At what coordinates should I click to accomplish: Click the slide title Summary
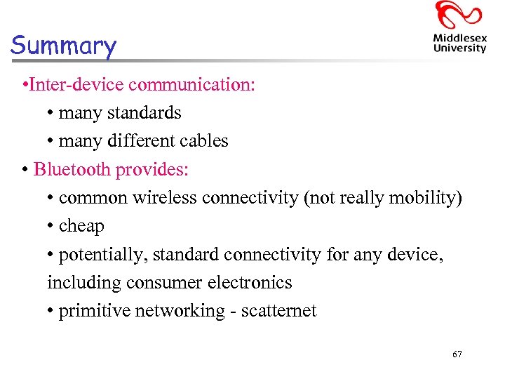coord(63,46)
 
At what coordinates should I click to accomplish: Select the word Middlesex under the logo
coord(459,38)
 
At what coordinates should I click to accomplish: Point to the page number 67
coord(457,354)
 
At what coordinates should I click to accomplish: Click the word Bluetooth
coord(72,169)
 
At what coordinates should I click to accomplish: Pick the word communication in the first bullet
coord(192,85)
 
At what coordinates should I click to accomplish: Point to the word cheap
coord(81,226)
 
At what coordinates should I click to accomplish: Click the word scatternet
coord(278,311)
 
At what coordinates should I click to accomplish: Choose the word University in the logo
coord(459,48)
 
